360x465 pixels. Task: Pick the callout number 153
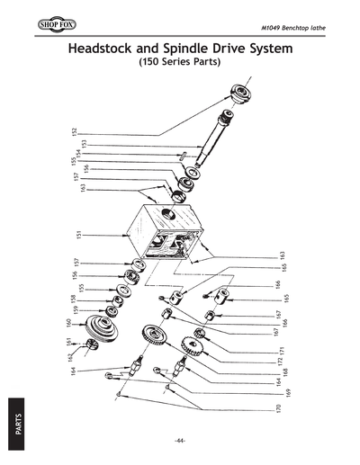pos(83,143)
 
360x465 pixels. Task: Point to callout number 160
pos(67,322)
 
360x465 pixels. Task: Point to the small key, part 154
pos(182,154)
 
